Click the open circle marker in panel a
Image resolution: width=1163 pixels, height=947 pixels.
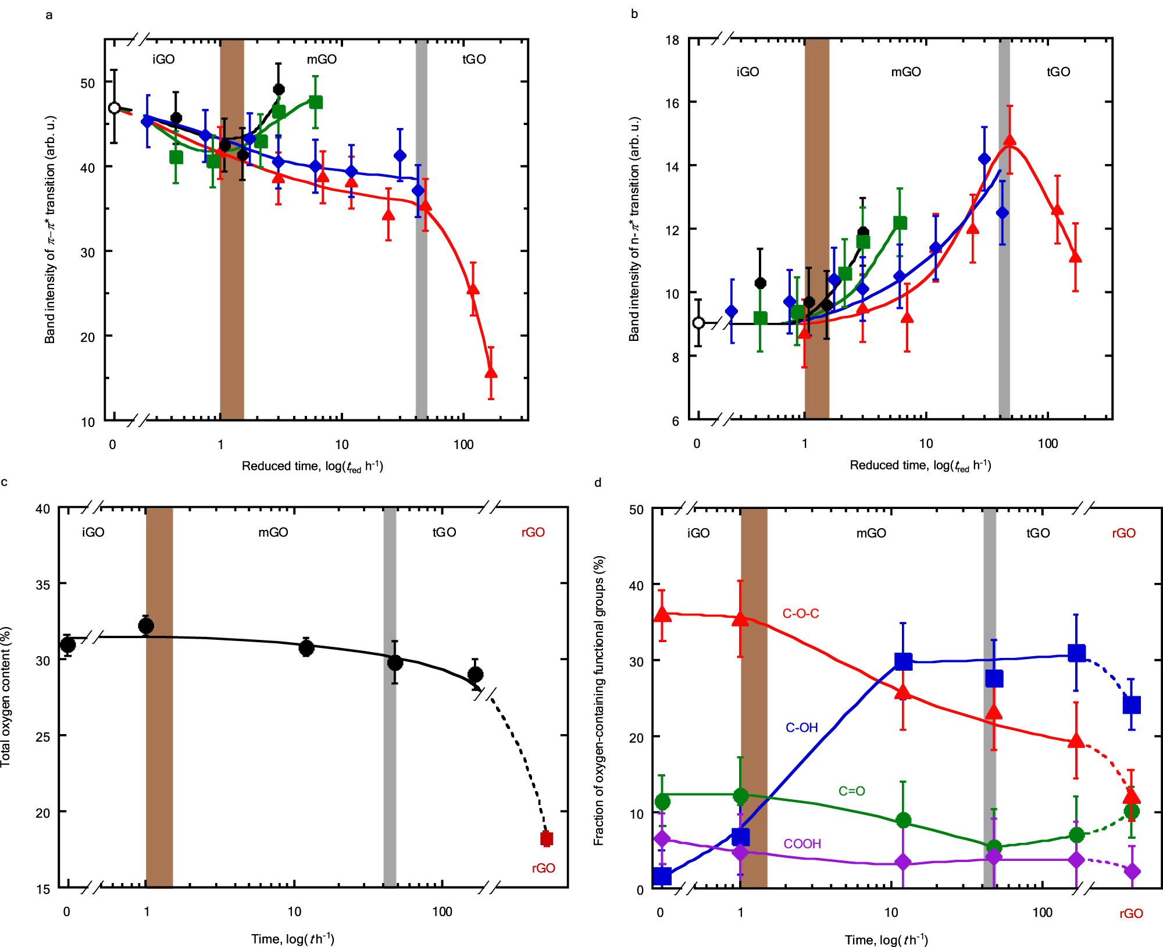coord(115,108)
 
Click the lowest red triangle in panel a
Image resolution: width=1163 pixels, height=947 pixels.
coord(491,373)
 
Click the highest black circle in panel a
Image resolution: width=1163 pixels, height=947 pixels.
coord(279,90)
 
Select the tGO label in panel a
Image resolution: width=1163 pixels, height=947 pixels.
coord(474,59)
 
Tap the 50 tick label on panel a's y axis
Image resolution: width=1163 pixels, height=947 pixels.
coord(87,83)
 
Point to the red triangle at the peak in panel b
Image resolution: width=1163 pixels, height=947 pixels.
coord(1009,140)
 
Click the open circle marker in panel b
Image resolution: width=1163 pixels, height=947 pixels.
coord(698,323)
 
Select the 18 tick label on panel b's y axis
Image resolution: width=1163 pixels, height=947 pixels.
coord(672,40)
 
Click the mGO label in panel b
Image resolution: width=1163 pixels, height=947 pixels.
coord(906,72)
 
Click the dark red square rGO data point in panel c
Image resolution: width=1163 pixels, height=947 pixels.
coord(546,839)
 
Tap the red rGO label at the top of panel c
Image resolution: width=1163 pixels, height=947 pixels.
coord(533,532)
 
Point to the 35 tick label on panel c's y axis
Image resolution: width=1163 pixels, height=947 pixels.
coord(43,585)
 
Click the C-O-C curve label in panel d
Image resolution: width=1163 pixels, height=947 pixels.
coord(801,614)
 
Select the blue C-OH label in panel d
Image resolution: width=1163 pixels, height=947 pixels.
coord(801,728)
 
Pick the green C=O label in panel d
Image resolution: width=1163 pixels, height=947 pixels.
coord(851,791)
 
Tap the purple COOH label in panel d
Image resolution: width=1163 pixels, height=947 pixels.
coord(802,844)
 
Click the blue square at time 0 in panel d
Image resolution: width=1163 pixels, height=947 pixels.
coord(662,876)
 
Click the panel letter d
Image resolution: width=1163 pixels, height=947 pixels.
coord(598,483)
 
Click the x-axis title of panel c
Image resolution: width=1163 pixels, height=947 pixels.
coord(292,939)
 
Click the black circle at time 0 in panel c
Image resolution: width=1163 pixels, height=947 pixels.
coord(67,645)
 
